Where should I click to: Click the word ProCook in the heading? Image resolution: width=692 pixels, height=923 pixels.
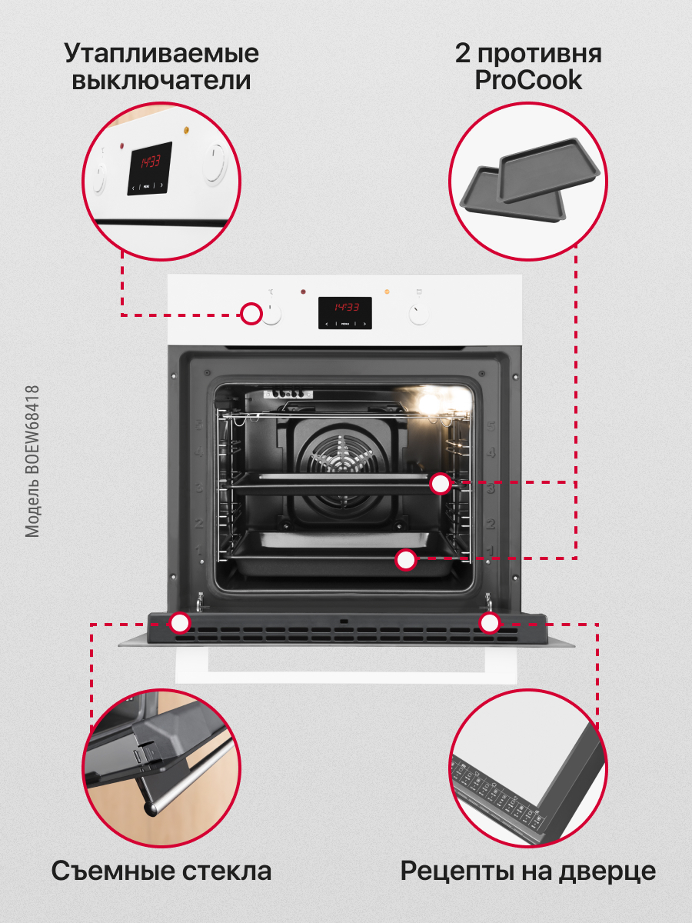[x=528, y=81]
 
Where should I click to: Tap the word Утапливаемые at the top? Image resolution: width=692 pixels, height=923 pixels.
[x=161, y=54]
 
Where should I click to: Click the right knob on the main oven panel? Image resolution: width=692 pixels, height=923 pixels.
[x=418, y=313]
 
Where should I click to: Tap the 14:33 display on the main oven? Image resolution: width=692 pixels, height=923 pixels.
[x=345, y=307]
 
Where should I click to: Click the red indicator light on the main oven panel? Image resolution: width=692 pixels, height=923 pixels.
[x=304, y=292]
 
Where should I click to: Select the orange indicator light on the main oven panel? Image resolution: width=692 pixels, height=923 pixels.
[x=387, y=292]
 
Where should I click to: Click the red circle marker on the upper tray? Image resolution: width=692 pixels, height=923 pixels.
[x=441, y=484]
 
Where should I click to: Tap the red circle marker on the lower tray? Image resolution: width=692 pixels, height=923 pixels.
[x=406, y=560]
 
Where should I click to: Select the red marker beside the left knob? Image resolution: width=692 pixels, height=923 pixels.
[x=251, y=314]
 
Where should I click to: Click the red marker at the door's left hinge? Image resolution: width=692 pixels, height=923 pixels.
[x=180, y=623]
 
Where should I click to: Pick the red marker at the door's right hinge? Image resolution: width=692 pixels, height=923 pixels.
[x=489, y=623]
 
